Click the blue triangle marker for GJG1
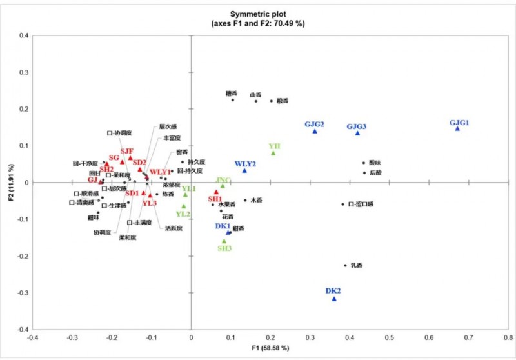457,128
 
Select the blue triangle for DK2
334,299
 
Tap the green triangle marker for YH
273,153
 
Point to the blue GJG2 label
314,124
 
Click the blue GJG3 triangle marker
357,133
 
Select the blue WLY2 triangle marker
244,170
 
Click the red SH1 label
215,199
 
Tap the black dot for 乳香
345,265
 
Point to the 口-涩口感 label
361,205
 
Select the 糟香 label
232,94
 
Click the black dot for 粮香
272,101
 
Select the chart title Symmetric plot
257,14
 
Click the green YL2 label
183,214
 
